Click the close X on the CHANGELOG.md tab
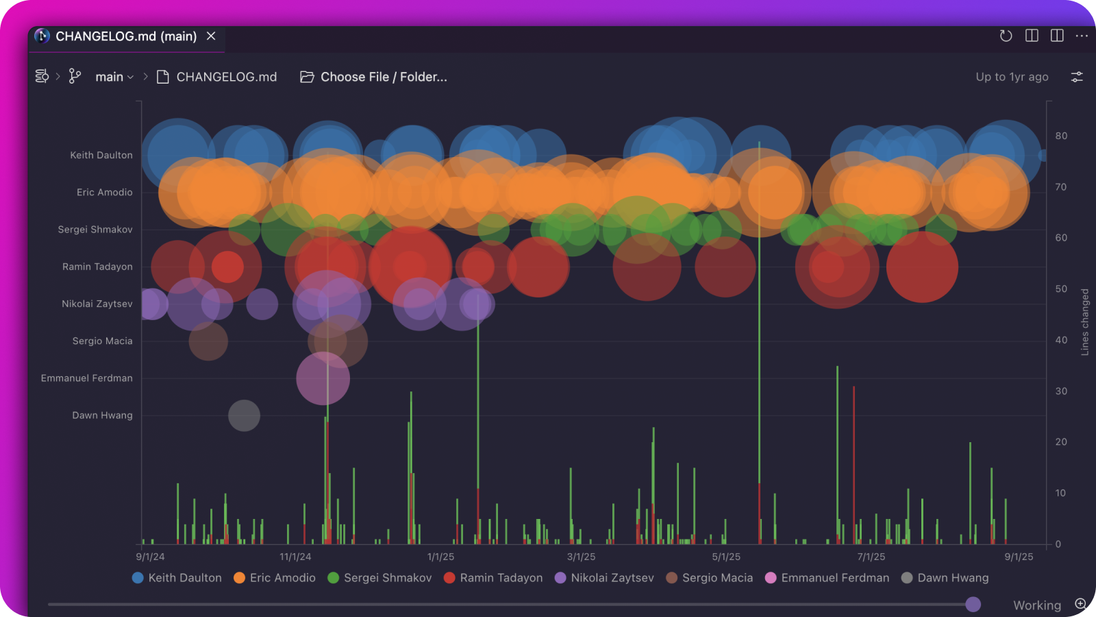tap(211, 36)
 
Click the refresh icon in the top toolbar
tap(1006, 36)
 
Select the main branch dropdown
tap(114, 77)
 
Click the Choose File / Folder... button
tap(374, 77)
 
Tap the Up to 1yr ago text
tap(1012, 77)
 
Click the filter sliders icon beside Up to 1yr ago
tap(1077, 77)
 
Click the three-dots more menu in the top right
tap(1082, 36)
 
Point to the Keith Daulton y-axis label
tap(101, 155)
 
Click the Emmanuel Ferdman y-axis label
tap(87, 378)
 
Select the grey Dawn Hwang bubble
tap(244, 415)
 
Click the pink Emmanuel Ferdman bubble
tap(323, 378)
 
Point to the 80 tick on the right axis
tap(1061, 136)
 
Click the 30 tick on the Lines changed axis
tap(1061, 391)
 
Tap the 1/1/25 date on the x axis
tap(440, 557)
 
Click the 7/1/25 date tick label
tap(871, 557)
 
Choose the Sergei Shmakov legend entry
tap(380, 578)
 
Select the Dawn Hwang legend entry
tap(945, 578)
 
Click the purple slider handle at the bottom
tap(973, 604)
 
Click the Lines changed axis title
tap(1084, 322)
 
